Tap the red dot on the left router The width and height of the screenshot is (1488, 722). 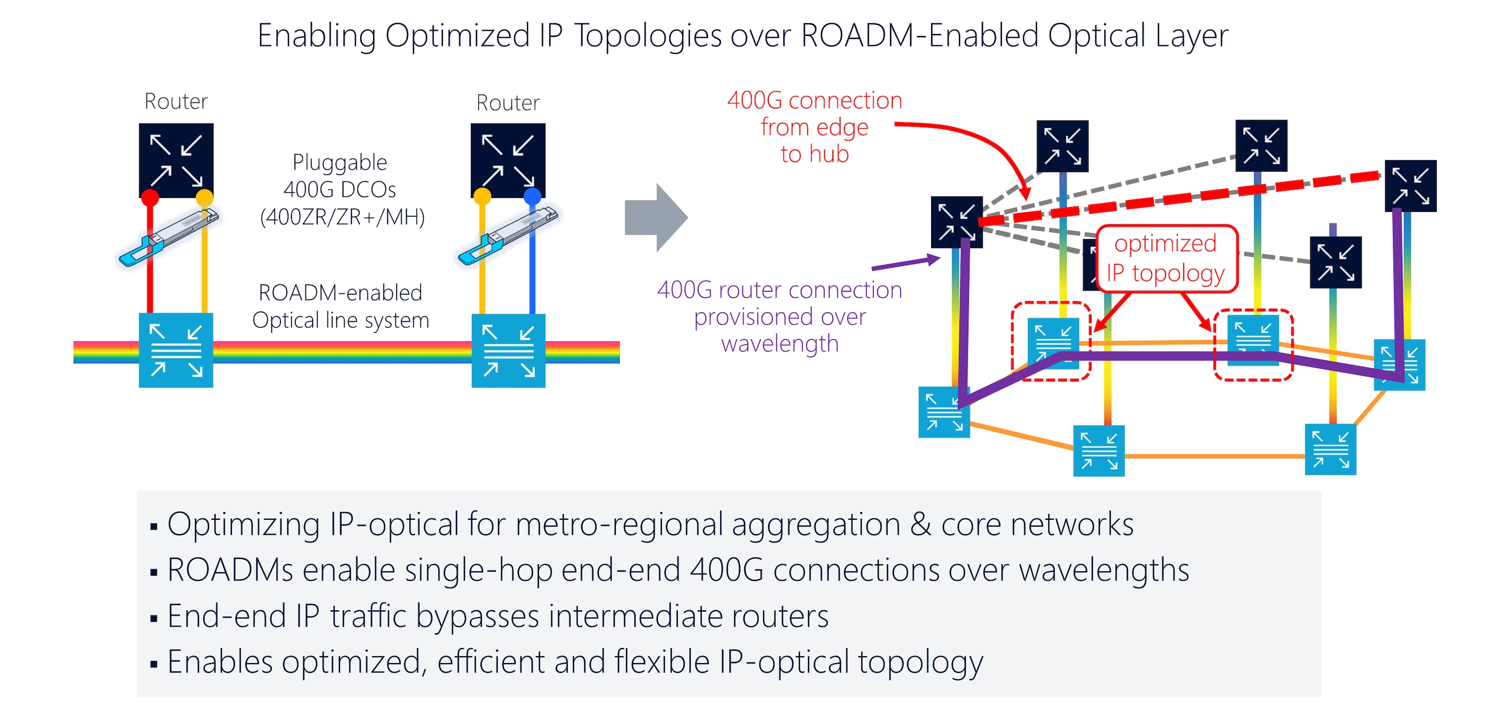pyautogui.click(x=150, y=198)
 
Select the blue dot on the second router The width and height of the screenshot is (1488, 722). pyautogui.click(x=532, y=197)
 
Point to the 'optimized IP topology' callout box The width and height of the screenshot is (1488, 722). pyautogui.click(x=1166, y=259)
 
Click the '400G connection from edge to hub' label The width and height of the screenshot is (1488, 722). pyautogui.click(x=814, y=127)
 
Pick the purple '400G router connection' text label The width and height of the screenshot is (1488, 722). pyautogui.click(x=779, y=317)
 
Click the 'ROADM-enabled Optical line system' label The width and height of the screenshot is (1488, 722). pyautogui.click(x=340, y=306)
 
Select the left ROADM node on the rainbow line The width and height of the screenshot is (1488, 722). pyautogui.click(x=176, y=350)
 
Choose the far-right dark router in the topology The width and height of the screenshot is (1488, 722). pyautogui.click(x=1410, y=186)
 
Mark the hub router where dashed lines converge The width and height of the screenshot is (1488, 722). pyautogui.click(x=956, y=222)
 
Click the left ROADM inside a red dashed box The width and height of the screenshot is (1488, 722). pyautogui.click(x=1052, y=342)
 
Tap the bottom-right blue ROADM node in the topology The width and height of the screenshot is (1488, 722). pyautogui.click(x=1330, y=450)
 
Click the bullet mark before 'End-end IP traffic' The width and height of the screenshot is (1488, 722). pyautogui.click(x=153, y=619)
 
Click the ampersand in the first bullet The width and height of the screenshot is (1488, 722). pyautogui.click(x=920, y=525)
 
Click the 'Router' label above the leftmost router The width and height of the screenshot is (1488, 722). pyautogui.click(x=176, y=101)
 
